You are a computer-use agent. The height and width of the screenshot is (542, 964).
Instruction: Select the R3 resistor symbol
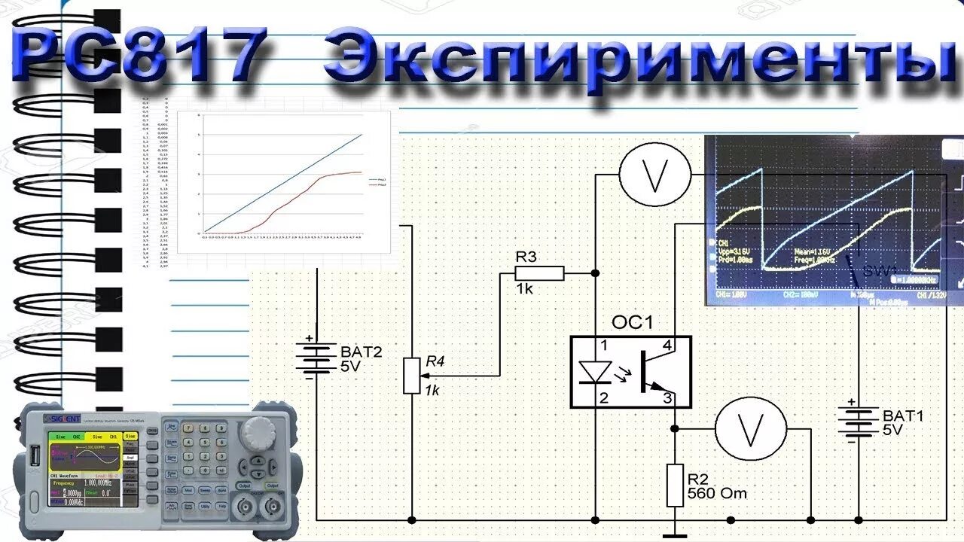539,273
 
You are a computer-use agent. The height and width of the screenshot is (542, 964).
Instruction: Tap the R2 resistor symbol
676,486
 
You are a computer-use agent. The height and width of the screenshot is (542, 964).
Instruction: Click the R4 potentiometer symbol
411,376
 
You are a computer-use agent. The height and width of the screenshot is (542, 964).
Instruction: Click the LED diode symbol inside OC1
594,373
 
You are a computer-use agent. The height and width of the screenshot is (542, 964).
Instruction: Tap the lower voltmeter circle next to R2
750,430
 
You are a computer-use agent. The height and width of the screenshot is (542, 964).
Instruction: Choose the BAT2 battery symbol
316,358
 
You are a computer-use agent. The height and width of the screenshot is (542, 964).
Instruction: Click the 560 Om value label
717,494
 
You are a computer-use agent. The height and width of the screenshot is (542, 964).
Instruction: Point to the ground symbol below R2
676,535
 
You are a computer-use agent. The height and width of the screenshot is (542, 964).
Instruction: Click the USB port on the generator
36,456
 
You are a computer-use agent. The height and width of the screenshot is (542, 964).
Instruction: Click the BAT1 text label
902,415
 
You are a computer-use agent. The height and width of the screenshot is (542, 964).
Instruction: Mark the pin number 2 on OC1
603,398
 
